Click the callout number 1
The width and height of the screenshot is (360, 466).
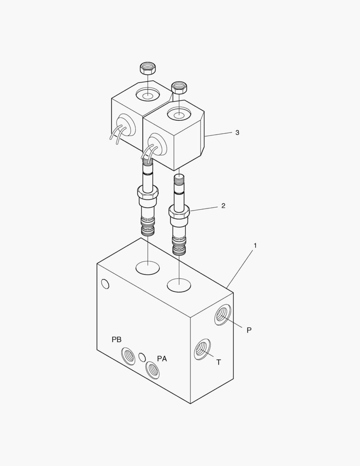coord(255,246)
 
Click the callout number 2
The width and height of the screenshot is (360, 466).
coord(223,206)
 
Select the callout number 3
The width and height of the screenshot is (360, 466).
coord(237,132)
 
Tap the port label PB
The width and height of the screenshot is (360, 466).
coord(116,340)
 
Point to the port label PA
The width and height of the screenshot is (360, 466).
coord(162,359)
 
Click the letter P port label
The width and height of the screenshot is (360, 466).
coord(249,330)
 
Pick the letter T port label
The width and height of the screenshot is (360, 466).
coord(219,362)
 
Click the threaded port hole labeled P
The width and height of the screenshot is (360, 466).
coord(222,314)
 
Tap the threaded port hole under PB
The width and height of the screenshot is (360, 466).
coord(128,356)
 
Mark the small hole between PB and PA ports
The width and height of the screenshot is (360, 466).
coord(141,357)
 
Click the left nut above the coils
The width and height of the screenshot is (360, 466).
coord(147,68)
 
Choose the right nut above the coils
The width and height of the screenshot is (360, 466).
coord(179,87)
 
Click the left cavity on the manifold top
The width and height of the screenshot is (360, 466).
coord(147,268)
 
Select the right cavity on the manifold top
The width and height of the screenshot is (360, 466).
coord(179,284)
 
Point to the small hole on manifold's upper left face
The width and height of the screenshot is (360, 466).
coord(105,284)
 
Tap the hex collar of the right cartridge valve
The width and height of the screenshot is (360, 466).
coord(179,212)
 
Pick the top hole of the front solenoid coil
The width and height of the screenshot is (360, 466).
coord(179,115)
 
